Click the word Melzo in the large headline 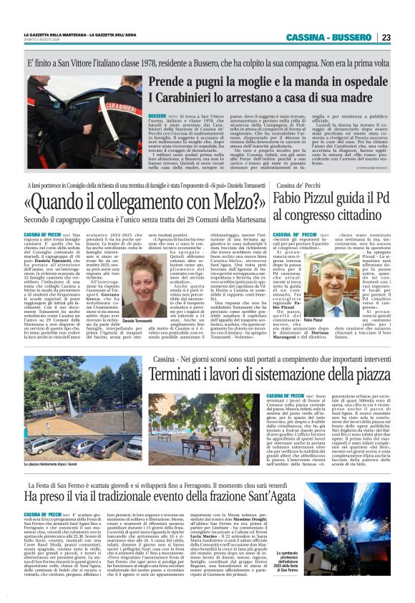click(219, 198)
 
